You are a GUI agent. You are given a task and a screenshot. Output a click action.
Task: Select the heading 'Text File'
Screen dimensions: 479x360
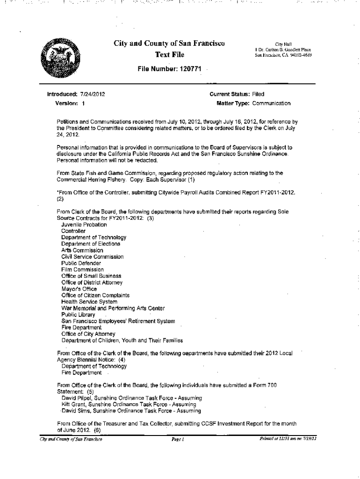pos(169,55)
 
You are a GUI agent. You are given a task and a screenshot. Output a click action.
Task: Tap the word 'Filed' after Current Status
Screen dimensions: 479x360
pos(258,94)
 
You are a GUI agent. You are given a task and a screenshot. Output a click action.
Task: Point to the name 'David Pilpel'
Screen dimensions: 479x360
pos(78,398)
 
